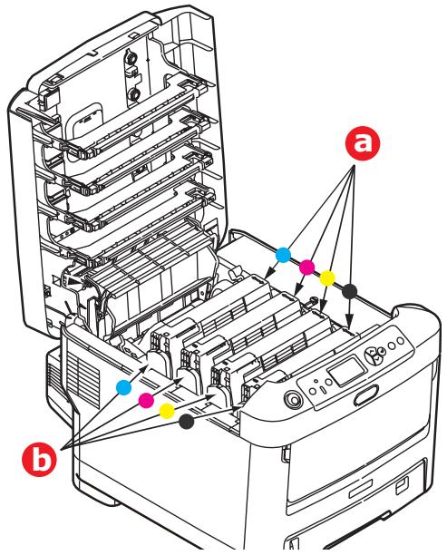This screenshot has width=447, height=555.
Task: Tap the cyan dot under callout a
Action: (282, 256)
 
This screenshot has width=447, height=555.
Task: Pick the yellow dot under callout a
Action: (327, 276)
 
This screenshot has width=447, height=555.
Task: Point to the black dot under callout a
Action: (350, 288)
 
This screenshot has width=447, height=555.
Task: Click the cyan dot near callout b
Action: (124, 387)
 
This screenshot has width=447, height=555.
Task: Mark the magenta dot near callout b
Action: (145, 399)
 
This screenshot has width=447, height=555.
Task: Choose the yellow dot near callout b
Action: (166, 411)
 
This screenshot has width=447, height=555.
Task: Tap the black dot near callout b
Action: (187, 422)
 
